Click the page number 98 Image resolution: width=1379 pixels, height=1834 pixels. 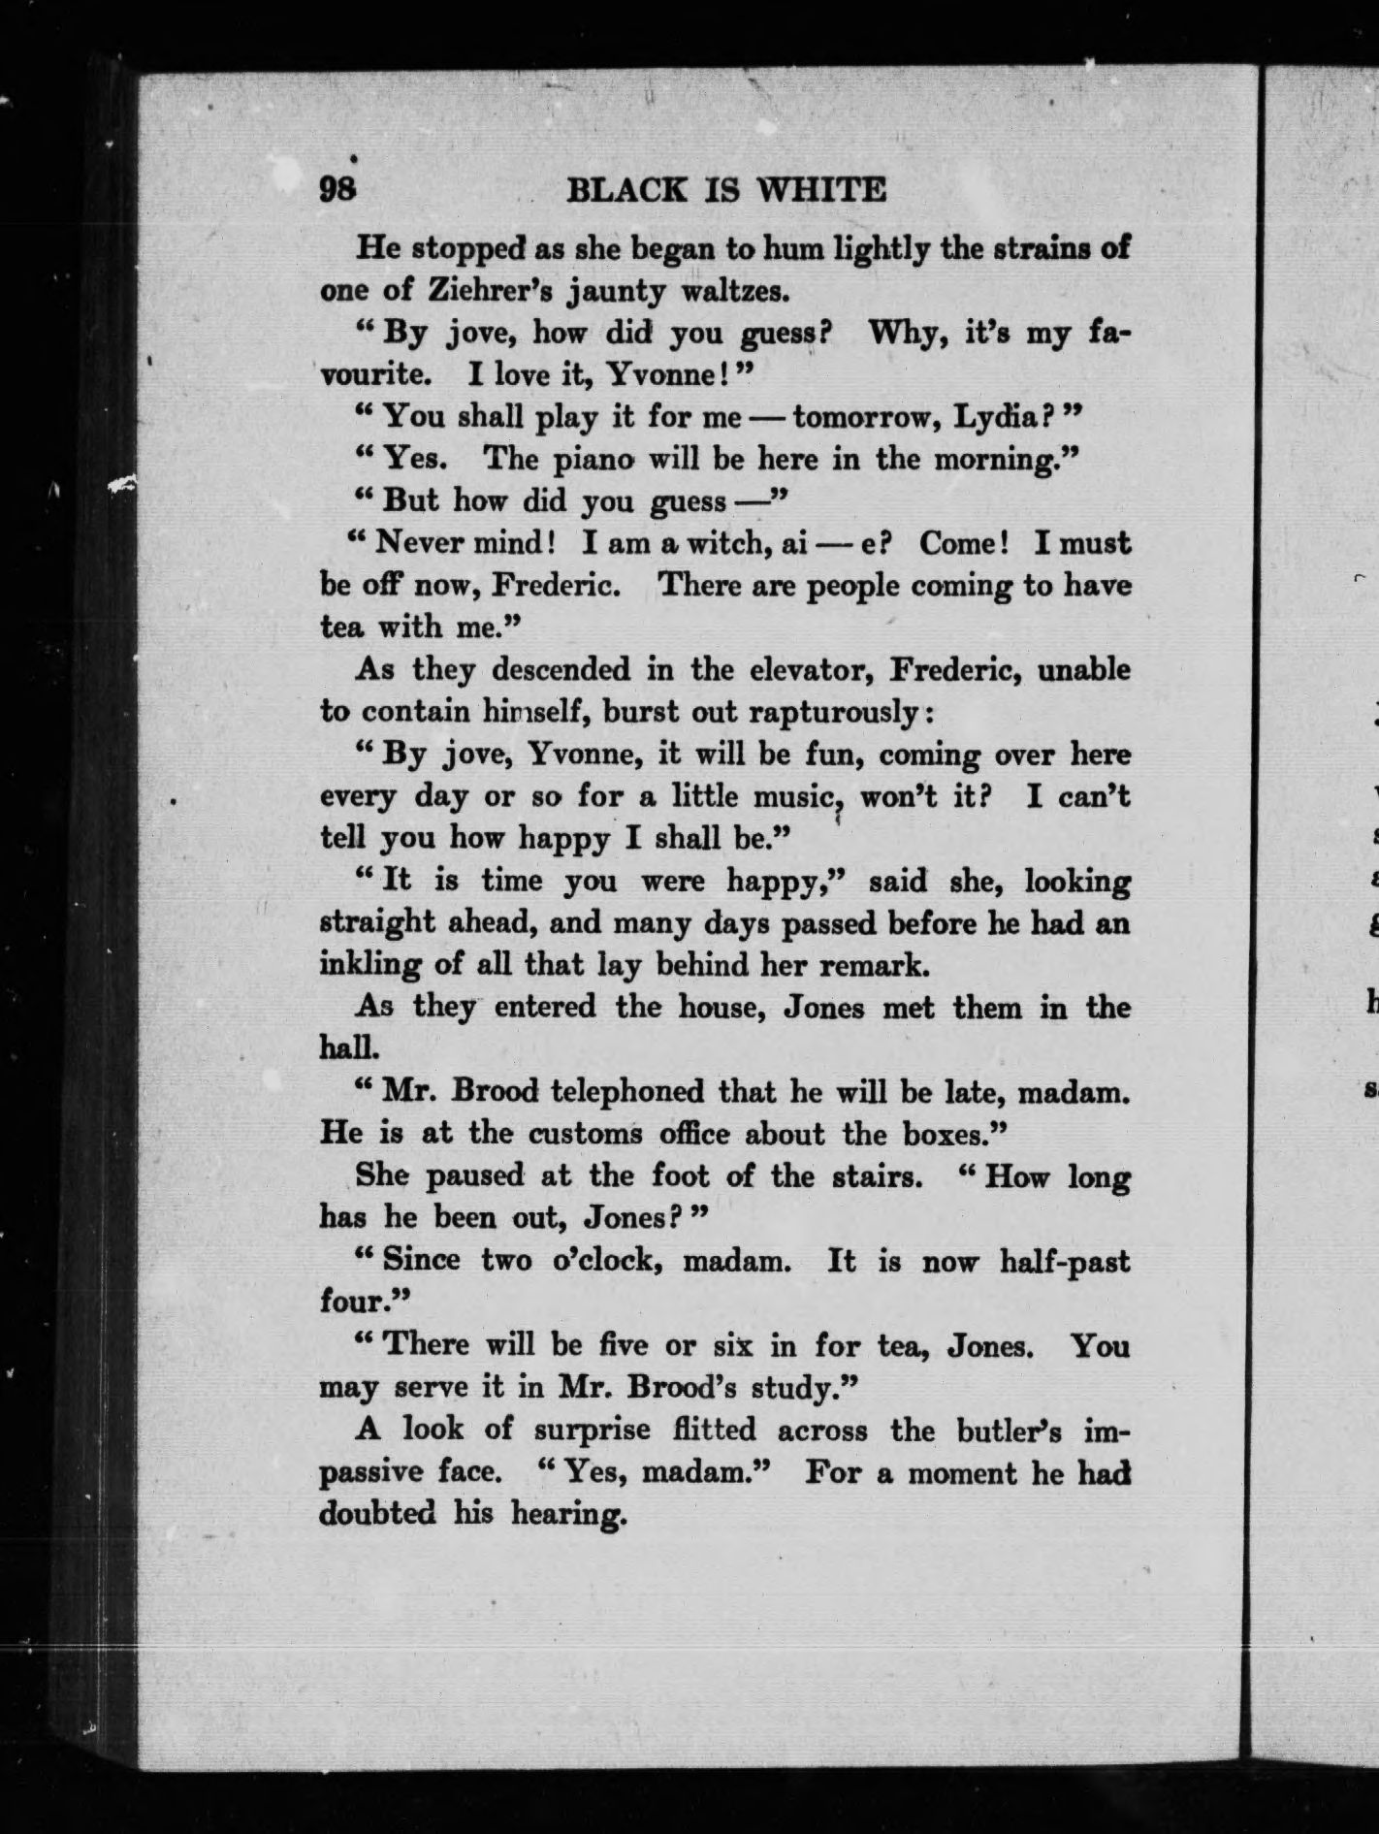pos(338,188)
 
